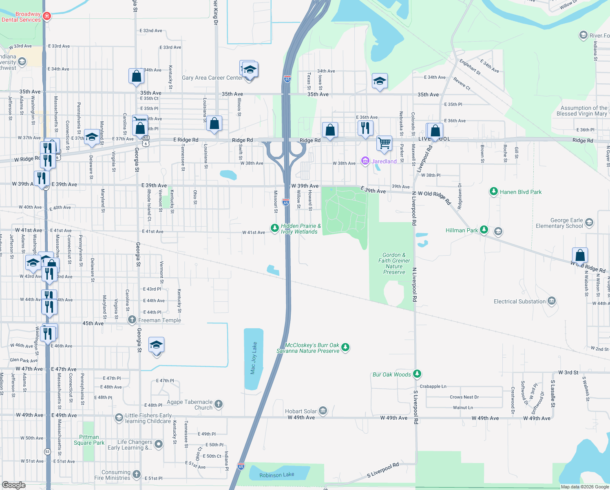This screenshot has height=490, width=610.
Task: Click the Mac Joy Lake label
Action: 254,358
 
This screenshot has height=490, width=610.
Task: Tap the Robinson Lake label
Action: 276,475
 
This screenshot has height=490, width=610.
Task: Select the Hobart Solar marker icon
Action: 323,411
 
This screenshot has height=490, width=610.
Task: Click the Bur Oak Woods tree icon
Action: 417,374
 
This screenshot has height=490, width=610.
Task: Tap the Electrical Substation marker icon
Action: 551,301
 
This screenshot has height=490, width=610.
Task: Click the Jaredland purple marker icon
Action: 365,161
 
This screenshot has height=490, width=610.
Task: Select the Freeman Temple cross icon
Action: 132,320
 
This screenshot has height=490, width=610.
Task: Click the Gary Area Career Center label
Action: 212,78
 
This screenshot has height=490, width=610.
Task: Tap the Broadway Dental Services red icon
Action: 47,16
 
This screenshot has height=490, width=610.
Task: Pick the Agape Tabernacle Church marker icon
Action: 219,404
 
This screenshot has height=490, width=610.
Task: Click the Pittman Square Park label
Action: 89,440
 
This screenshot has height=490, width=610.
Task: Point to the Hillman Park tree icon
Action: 484,230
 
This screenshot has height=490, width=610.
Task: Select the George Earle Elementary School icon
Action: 589,223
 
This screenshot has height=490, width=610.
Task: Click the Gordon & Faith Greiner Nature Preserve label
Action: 394,263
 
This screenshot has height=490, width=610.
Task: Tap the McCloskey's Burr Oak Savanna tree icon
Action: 345,347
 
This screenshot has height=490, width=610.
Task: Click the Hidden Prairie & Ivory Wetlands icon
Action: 275,227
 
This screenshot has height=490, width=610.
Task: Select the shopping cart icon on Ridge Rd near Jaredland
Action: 384,143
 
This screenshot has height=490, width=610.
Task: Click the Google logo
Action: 14,485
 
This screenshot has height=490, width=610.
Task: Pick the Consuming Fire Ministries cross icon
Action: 137,474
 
